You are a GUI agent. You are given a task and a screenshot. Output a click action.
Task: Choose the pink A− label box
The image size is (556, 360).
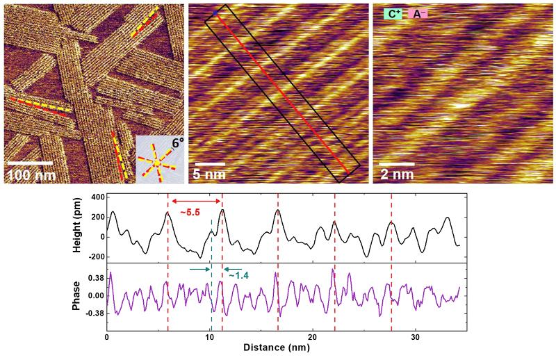point(419,13)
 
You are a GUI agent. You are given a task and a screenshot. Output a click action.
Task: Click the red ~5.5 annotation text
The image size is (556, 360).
point(190,211)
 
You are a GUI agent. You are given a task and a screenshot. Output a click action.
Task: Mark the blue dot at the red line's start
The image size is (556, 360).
point(215,13)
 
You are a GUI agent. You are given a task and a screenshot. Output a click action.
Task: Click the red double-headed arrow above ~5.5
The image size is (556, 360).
point(195,202)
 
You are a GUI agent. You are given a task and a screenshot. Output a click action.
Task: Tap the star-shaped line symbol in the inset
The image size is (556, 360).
point(158,163)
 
